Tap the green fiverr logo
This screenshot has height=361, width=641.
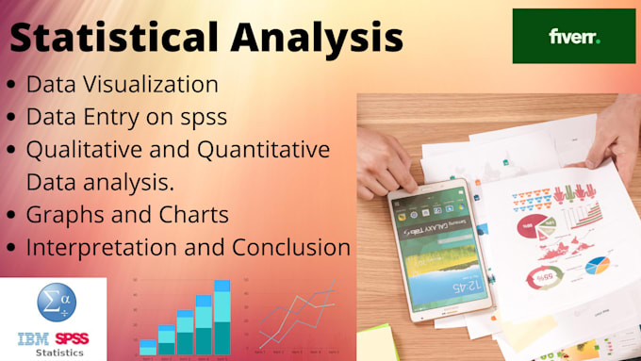pyautogui.click(x=574, y=37)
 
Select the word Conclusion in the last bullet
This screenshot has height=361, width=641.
pyautogui.click(x=288, y=248)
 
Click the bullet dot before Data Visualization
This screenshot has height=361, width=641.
pyautogui.click(x=10, y=85)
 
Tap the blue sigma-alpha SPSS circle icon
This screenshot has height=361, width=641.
pyautogui.click(x=53, y=304)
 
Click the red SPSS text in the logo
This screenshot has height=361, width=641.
pyautogui.click(x=72, y=338)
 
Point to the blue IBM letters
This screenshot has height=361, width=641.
pyautogui.click(x=34, y=338)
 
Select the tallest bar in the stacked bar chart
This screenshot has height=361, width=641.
pyautogui.click(x=222, y=317)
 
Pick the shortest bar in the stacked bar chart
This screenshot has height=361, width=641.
pyautogui.click(x=147, y=346)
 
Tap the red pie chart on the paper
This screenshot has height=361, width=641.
pyautogui.click(x=529, y=226)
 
